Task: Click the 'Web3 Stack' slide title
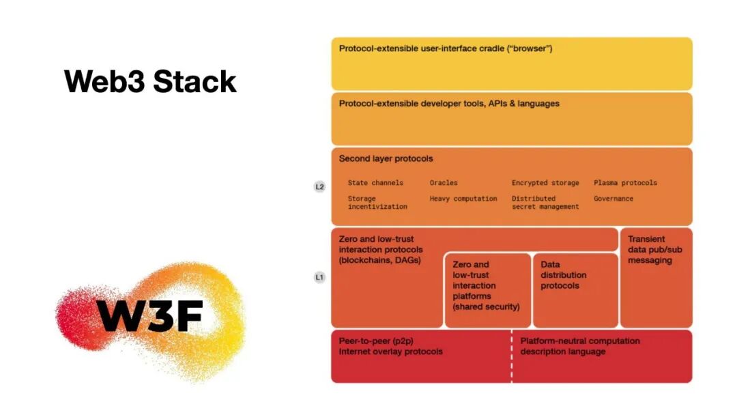coord(151,81)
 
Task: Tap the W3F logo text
coord(149,315)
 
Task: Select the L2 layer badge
coord(319,186)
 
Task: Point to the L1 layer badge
coord(319,278)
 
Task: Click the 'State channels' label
coord(375,183)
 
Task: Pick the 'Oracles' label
coord(444,183)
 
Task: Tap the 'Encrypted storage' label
coord(545,183)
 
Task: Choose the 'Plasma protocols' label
coord(625,183)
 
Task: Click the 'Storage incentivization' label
coord(377,203)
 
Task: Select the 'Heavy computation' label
coord(463,199)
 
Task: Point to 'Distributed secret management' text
coord(545,203)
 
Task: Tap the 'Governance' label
coord(613,199)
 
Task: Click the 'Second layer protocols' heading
coord(386,159)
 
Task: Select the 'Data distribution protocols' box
coord(575,290)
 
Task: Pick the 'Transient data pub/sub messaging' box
coord(656,277)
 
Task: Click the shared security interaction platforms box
coord(487,290)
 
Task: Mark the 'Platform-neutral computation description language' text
coord(580,346)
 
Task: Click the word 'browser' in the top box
coord(530,49)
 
